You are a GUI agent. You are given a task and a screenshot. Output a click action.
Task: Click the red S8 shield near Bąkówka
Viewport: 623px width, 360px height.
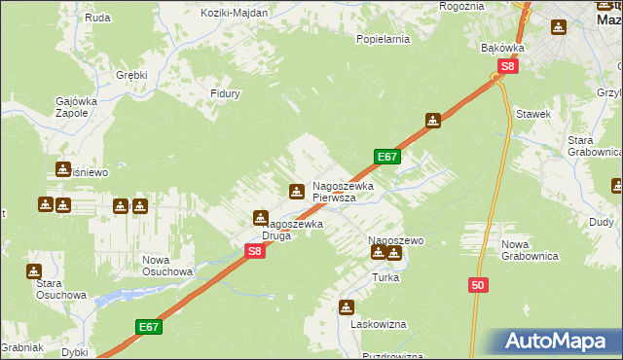click(x=507, y=67)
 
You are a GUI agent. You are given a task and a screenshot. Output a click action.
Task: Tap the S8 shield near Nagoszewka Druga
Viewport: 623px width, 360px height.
click(x=254, y=251)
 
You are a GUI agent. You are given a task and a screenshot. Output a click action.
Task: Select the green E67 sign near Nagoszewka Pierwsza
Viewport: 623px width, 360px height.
click(x=386, y=157)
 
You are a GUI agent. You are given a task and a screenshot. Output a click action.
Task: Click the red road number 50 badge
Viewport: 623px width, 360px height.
click(x=477, y=285)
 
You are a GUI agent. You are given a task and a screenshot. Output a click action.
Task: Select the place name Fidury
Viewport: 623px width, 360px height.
click(x=225, y=93)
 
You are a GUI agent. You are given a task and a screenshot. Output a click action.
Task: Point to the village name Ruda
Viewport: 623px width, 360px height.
click(x=97, y=18)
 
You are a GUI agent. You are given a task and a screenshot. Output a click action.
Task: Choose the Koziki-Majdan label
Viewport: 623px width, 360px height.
click(x=234, y=13)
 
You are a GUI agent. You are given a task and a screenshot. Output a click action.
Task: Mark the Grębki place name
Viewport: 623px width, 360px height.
click(x=131, y=74)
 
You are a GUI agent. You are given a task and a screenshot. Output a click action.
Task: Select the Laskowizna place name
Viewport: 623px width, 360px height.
click(x=380, y=324)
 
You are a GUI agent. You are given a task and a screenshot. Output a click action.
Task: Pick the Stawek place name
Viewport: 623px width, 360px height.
click(x=534, y=114)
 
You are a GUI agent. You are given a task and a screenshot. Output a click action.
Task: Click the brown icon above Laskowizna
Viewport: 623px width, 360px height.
click(x=346, y=307)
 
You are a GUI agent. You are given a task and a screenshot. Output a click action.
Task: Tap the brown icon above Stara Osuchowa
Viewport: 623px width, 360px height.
click(x=34, y=271)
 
